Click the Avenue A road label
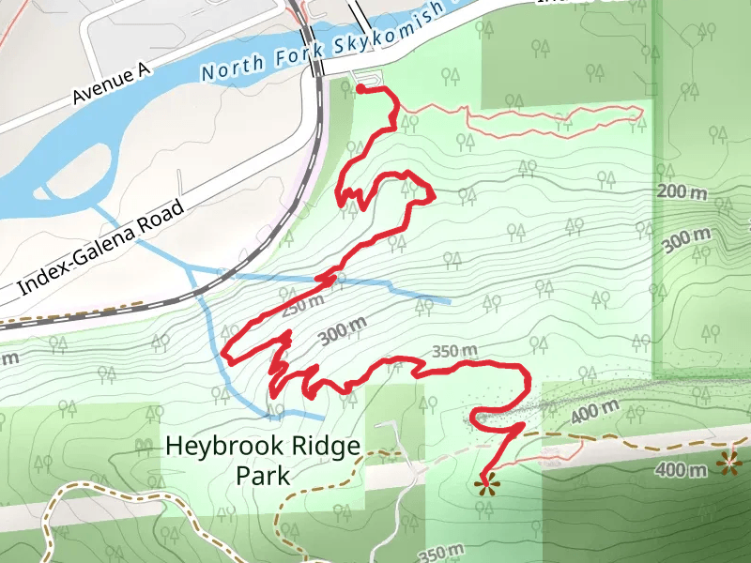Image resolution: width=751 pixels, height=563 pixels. [112, 83]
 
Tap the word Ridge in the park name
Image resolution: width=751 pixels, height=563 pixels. [322, 446]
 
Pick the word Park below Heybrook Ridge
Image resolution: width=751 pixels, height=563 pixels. [263, 476]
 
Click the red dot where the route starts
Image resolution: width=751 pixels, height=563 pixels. [361, 88]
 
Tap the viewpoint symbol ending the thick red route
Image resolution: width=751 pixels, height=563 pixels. [485, 484]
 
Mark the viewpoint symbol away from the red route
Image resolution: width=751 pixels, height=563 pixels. [728, 461]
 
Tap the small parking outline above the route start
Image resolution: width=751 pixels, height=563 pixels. [367, 76]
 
